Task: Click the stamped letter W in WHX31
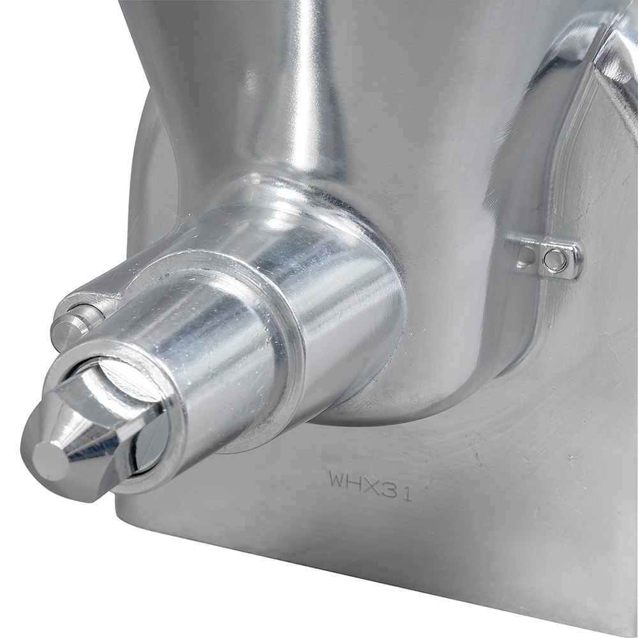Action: point(337,479)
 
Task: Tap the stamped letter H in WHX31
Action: point(355,482)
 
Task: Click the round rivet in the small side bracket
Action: point(557,258)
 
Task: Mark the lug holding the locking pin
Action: point(96,300)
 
